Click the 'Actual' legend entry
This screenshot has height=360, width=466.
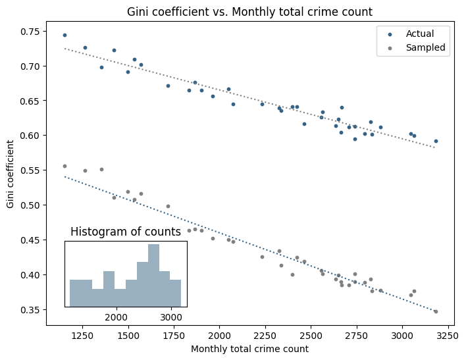pos(419,34)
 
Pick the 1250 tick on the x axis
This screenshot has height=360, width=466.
pos(82,336)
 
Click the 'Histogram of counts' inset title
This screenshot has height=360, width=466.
pos(125,232)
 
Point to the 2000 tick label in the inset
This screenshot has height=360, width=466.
pos(116,315)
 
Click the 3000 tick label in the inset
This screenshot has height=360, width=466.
pos(171,315)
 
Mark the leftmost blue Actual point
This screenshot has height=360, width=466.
pos(65,35)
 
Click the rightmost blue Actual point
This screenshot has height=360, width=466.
pos(436,141)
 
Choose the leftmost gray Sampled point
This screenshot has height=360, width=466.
pos(65,166)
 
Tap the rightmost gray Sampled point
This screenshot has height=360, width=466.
pos(436,311)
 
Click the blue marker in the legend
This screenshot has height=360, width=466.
pos(390,34)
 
